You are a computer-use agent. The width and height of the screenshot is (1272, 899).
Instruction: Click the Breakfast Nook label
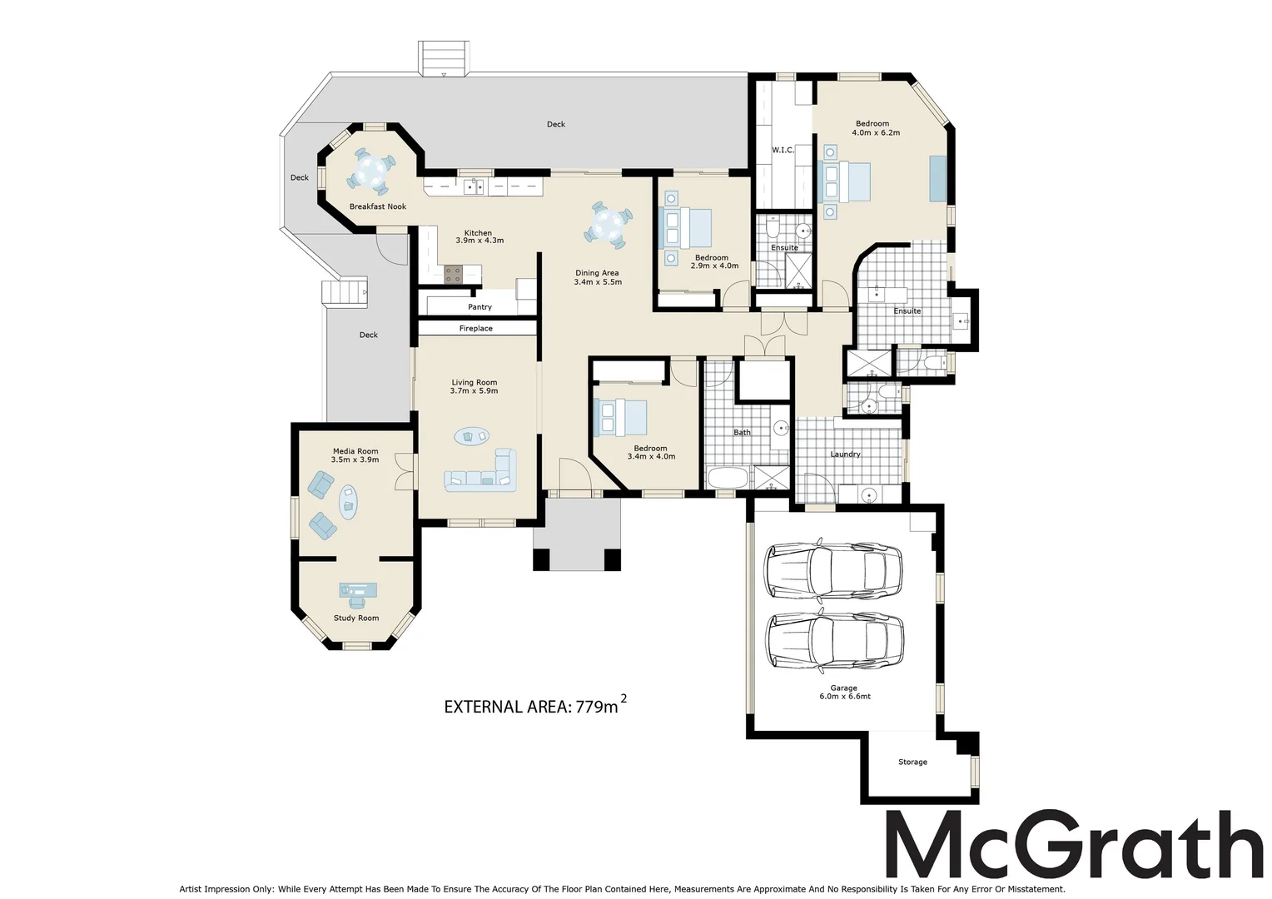coord(377,206)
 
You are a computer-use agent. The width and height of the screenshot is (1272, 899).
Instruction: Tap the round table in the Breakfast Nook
coord(369,171)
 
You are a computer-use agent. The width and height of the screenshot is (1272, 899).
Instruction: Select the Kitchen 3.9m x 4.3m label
coord(479,237)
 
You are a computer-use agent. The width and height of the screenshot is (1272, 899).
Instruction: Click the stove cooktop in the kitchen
coord(454,274)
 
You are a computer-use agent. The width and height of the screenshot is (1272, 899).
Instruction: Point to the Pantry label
coord(479,307)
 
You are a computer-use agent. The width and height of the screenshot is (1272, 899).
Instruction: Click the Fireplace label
coord(476,329)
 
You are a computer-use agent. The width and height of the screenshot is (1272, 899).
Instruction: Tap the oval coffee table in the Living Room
coord(472,435)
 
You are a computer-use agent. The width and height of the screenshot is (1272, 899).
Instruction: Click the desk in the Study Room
coord(358,590)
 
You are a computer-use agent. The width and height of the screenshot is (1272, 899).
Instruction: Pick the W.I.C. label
coord(783,150)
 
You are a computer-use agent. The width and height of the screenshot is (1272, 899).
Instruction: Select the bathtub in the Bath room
coord(729,477)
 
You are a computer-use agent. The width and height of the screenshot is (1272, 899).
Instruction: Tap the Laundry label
coord(845,454)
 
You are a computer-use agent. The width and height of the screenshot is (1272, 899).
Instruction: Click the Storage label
coord(912,762)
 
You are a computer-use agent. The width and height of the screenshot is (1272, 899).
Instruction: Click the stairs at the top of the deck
coord(442,59)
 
